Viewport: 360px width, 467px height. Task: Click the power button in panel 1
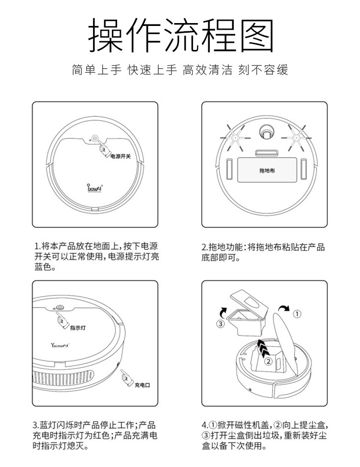[x=96, y=139]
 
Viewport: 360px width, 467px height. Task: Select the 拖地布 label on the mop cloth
[x=266, y=170]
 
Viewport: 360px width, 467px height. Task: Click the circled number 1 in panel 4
[x=297, y=314]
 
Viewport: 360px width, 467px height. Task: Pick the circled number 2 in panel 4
[x=269, y=360]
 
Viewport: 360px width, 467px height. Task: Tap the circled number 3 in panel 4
[x=220, y=323]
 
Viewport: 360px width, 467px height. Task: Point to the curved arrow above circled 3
[x=222, y=310]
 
